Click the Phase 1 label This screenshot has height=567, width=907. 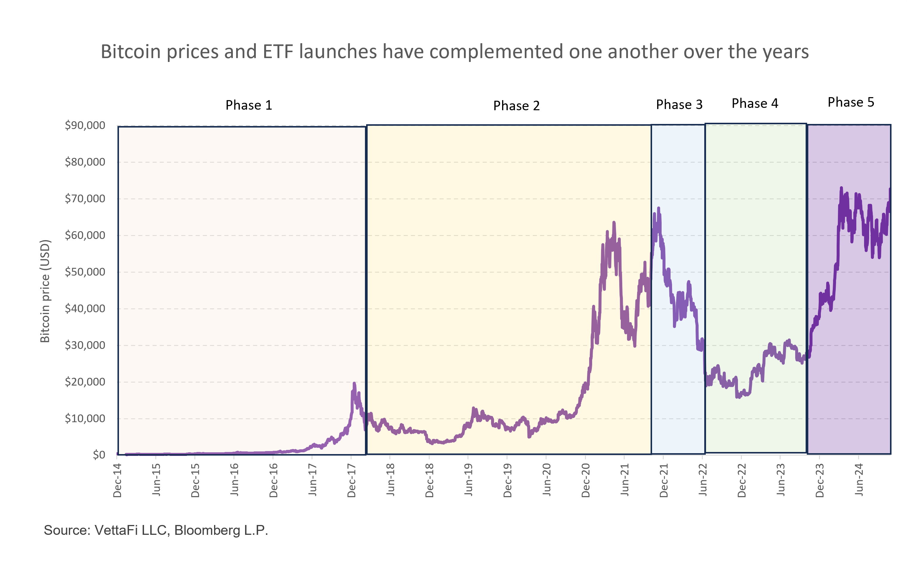(248, 105)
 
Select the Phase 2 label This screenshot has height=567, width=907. (516, 106)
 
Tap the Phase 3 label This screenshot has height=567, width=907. (679, 105)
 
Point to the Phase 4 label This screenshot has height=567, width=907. (755, 103)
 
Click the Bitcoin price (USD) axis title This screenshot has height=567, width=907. (45, 291)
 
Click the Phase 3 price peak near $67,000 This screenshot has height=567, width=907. (658, 208)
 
